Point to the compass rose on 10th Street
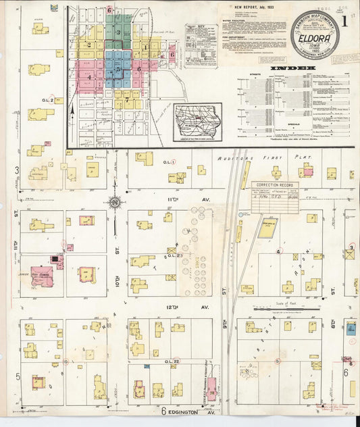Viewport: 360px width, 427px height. click(115, 201)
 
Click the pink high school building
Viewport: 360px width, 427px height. click(41, 276)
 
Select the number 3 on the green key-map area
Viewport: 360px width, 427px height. click(118, 32)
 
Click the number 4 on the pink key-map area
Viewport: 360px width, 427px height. click(89, 77)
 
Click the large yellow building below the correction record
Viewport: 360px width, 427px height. click(267, 228)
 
